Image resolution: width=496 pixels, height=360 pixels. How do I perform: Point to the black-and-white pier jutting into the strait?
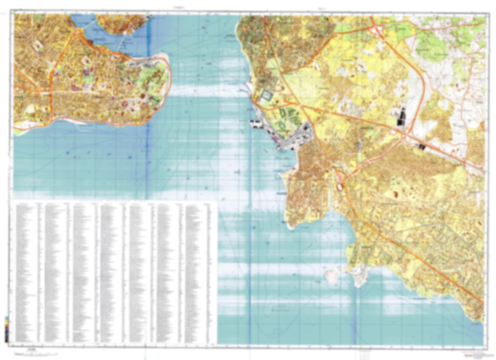[x=256, y=124]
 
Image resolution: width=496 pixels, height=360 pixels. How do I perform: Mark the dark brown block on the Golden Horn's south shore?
[x=90, y=43]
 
